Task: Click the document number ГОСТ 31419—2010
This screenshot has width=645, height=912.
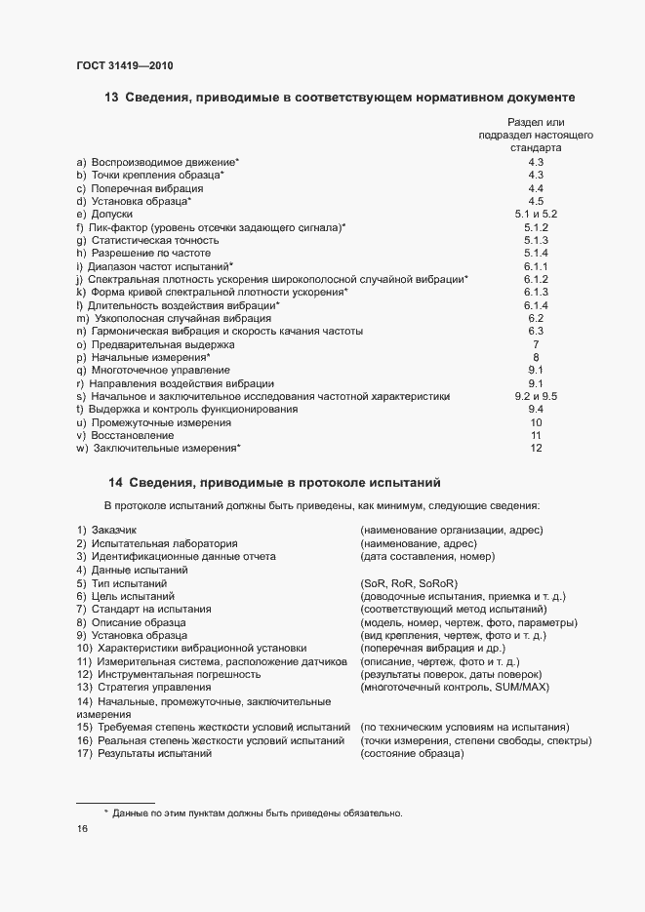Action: click(x=125, y=65)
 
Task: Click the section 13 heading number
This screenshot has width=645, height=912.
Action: click(x=110, y=98)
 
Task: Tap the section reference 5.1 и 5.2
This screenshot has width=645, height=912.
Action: click(x=535, y=214)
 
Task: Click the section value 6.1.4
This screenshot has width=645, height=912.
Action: click(x=536, y=305)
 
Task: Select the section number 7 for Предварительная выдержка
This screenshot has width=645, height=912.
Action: click(x=536, y=345)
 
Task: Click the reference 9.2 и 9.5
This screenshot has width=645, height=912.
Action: click(x=535, y=397)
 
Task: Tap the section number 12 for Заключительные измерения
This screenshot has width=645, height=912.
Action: click(x=536, y=450)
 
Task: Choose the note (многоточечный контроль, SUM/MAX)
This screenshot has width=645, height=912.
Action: click(x=454, y=688)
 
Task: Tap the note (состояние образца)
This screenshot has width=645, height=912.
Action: click(x=411, y=756)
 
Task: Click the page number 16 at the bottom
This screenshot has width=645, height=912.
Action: click(x=82, y=829)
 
